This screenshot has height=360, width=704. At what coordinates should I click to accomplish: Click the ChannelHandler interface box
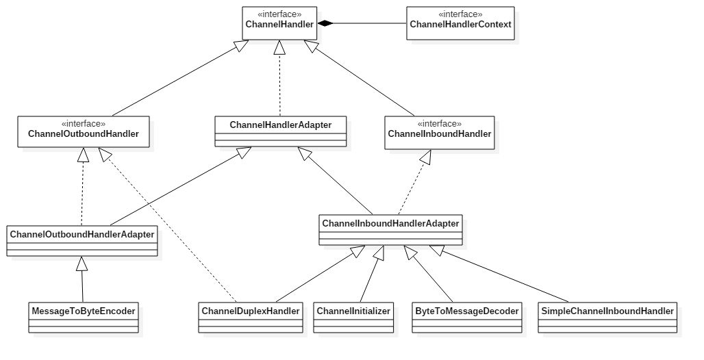click(x=279, y=24)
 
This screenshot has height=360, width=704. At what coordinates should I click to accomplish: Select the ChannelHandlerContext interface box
click(x=460, y=24)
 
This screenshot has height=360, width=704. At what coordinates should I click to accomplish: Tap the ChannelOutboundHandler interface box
click(x=84, y=133)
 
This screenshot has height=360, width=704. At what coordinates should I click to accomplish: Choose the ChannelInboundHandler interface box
click(x=440, y=133)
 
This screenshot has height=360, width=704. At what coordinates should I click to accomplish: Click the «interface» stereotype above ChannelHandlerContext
click(x=460, y=14)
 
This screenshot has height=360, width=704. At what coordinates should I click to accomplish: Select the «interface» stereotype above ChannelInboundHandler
click(x=440, y=124)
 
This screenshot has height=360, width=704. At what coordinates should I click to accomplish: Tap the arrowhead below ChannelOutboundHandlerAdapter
click(x=81, y=263)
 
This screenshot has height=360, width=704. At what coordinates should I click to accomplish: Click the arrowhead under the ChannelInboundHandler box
click(x=425, y=158)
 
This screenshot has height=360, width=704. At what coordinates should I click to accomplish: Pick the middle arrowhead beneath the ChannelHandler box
click(x=279, y=48)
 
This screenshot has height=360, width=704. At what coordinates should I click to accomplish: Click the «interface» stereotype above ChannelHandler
click(x=279, y=14)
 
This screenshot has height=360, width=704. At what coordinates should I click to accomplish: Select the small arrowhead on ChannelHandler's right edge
click(x=320, y=23)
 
